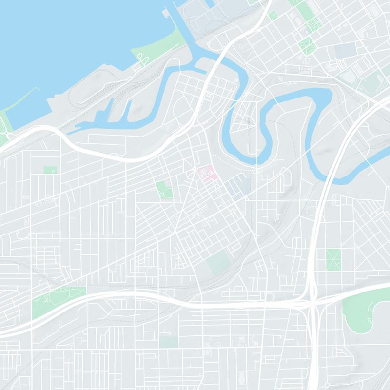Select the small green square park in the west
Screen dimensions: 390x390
tap(50, 170)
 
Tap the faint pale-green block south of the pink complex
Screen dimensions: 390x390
tap(218, 262)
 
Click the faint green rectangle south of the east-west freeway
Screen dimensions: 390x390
tap(169, 342)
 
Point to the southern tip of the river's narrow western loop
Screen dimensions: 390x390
tap(236, 141)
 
